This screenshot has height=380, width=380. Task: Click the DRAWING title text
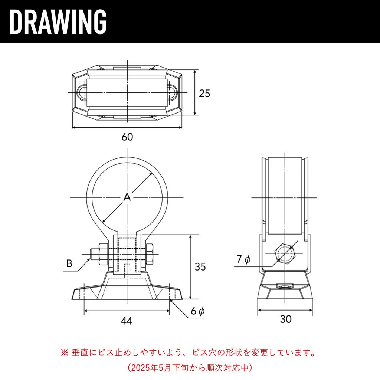[x=58, y=22]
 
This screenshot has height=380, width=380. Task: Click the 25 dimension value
[x=204, y=94]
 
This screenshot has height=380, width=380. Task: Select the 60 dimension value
[x=127, y=137]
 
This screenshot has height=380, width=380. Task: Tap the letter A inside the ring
[x=127, y=197]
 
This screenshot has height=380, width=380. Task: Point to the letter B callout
[x=69, y=263]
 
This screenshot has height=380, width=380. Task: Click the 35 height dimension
[x=200, y=267]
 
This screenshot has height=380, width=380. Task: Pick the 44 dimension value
[x=127, y=321]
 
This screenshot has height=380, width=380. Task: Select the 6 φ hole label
[x=198, y=311]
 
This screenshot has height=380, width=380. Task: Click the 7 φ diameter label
[x=243, y=259]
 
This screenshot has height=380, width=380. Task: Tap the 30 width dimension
[x=286, y=319]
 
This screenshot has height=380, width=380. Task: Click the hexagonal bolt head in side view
[x=285, y=254]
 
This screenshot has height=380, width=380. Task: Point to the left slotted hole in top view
[x=82, y=92]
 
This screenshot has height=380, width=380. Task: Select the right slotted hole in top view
[x=172, y=92]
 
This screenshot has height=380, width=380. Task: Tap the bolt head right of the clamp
[x=149, y=254]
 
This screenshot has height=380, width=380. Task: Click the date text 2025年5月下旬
[x=162, y=368]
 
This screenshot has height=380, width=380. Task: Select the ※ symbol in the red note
[x=65, y=353]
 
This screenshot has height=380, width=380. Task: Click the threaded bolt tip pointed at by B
[x=94, y=254]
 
